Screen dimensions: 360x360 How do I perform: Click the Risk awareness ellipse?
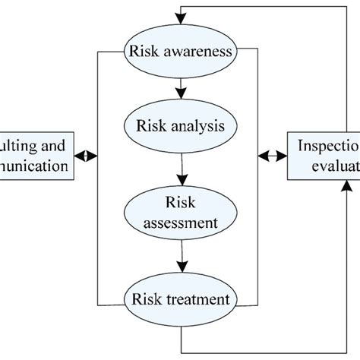(x=180, y=52)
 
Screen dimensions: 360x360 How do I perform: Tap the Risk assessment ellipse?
(x=180, y=213)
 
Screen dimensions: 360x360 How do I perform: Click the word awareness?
(x=204, y=52)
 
